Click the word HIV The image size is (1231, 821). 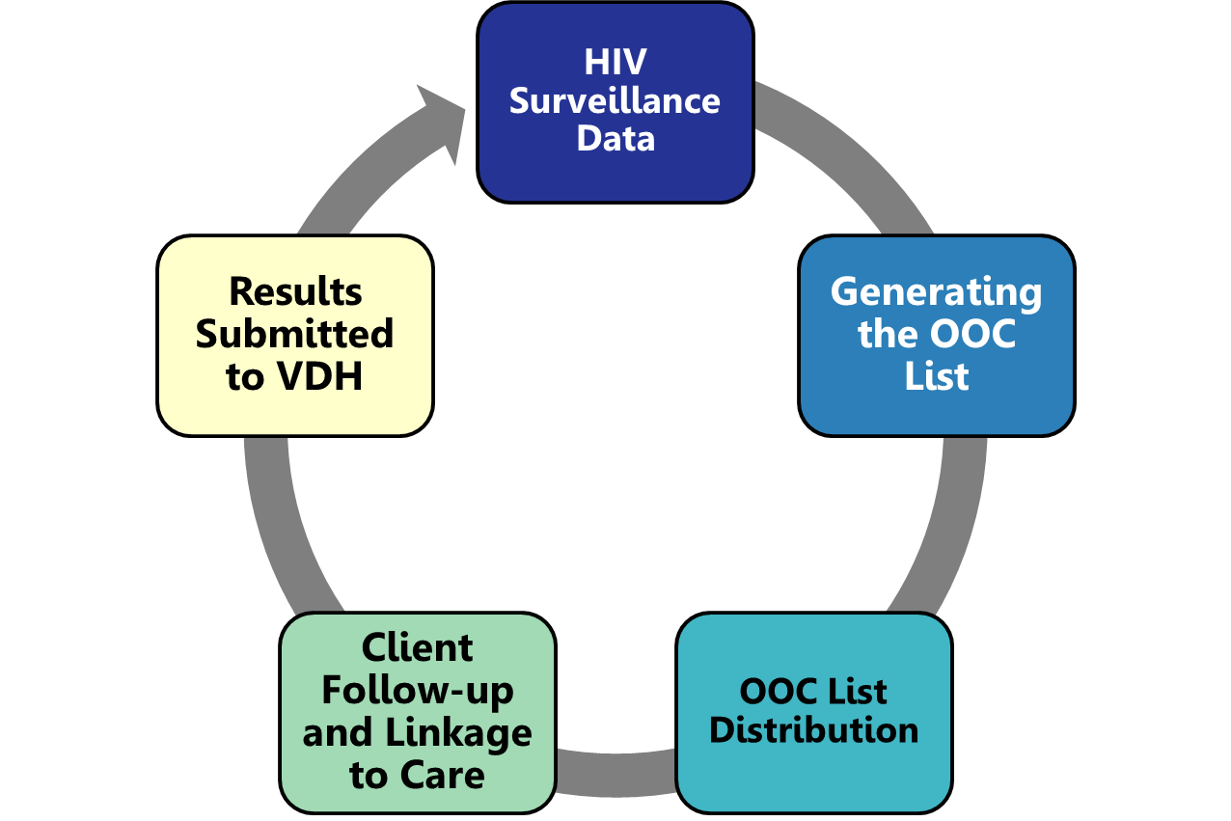pyautogui.click(x=615, y=63)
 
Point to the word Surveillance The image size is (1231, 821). pyautogui.click(x=615, y=100)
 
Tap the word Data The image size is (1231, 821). pyautogui.click(x=615, y=138)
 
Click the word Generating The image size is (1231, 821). pyautogui.click(x=936, y=291)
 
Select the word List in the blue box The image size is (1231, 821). pyautogui.click(x=936, y=376)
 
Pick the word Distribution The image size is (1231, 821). pyautogui.click(x=814, y=730)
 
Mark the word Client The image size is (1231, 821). pyautogui.click(x=418, y=647)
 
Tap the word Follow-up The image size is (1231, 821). pyautogui.click(x=418, y=691)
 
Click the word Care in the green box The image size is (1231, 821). pyautogui.click(x=446, y=776)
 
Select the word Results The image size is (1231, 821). pyautogui.click(x=295, y=291)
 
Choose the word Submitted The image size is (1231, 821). pyautogui.click(x=295, y=334)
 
